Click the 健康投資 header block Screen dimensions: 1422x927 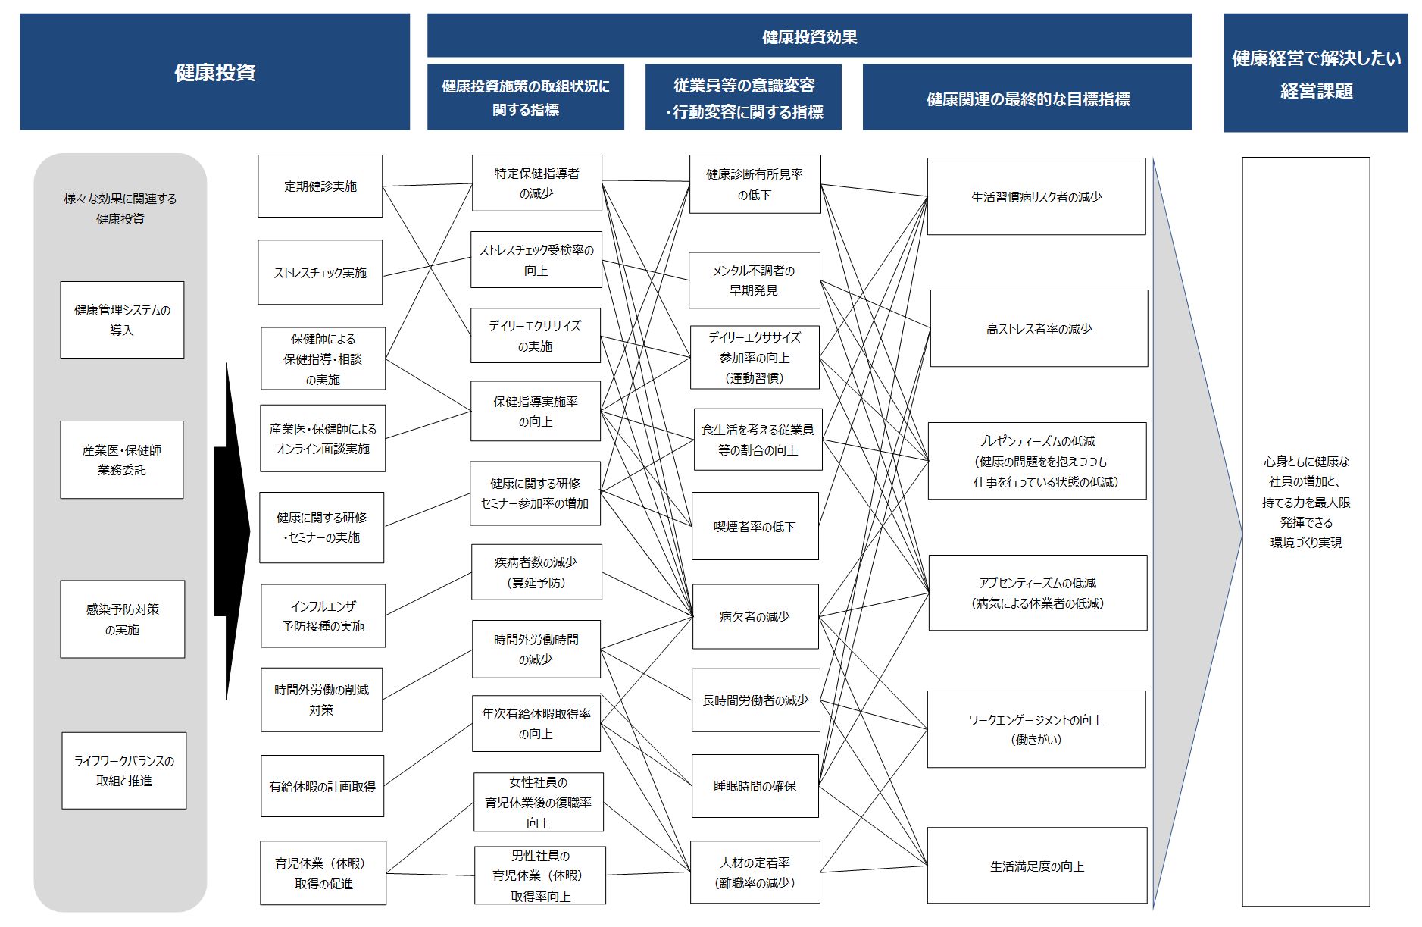[214, 72]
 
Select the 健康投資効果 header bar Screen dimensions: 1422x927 [809, 36]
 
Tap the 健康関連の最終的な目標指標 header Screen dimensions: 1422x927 [1027, 98]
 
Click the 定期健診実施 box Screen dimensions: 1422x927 [320, 186]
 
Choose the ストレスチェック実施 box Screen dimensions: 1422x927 [320, 272]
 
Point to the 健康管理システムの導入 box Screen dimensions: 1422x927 [122, 320]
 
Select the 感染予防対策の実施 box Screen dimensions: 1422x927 [122, 619]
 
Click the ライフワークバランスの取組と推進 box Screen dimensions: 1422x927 [123, 771]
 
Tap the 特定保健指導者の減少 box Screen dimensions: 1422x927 [536, 183]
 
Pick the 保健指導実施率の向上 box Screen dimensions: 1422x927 [536, 411]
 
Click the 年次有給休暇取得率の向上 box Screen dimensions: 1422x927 [536, 724]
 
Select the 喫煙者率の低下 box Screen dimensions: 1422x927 [755, 526]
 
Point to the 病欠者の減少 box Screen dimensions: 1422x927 [755, 616]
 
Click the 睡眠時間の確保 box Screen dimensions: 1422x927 [755, 786]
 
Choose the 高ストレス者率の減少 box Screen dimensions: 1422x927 [1039, 328]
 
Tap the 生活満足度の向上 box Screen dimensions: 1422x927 [1037, 866]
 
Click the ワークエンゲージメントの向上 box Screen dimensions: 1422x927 [1036, 729]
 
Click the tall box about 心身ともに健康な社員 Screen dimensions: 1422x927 [1306, 531]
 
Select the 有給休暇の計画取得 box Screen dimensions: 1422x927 [322, 786]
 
